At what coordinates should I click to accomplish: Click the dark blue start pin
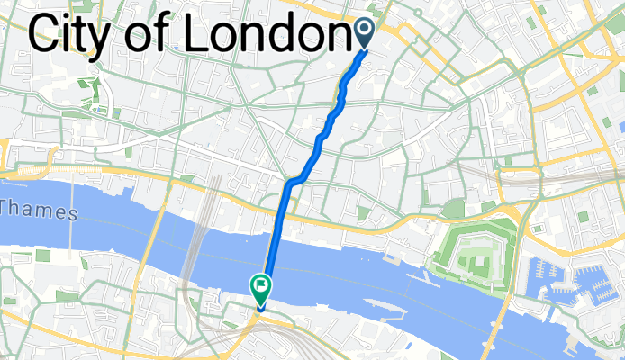pyautogui.click(x=365, y=32)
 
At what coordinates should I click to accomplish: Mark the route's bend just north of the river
pyautogui.click(x=290, y=184)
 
